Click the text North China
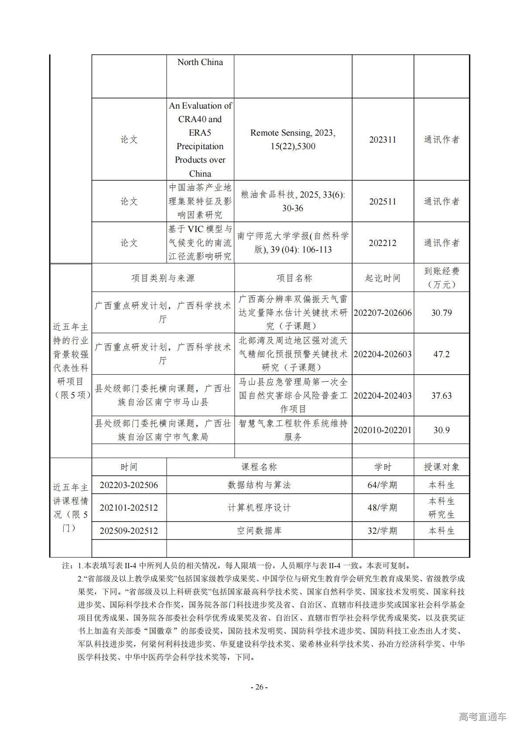click(x=200, y=62)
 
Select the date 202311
click(x=382, y=140)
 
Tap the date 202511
click(x=382, y=201)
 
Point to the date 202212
click(x=382, y=243)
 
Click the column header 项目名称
click(x=294, y=278)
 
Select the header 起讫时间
click(x=382, y=278)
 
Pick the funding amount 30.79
click(x=441, y=313)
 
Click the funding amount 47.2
click(x=441, y=354)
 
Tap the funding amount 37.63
click(x=441, y=396)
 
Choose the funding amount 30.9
click(x=441, y=430)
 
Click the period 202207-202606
click(x=382, y=313)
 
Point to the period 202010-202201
click(x=382, y=430)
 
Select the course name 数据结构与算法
click(x=259, y=485)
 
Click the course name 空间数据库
click(x=259, y=531)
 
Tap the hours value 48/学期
click(x=382, y=508)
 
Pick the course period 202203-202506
click(x=129, y=485)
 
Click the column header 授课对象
click(x=441, y=467)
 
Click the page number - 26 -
click(x=259, y=687)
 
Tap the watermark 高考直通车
click(x=482, y=717)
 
